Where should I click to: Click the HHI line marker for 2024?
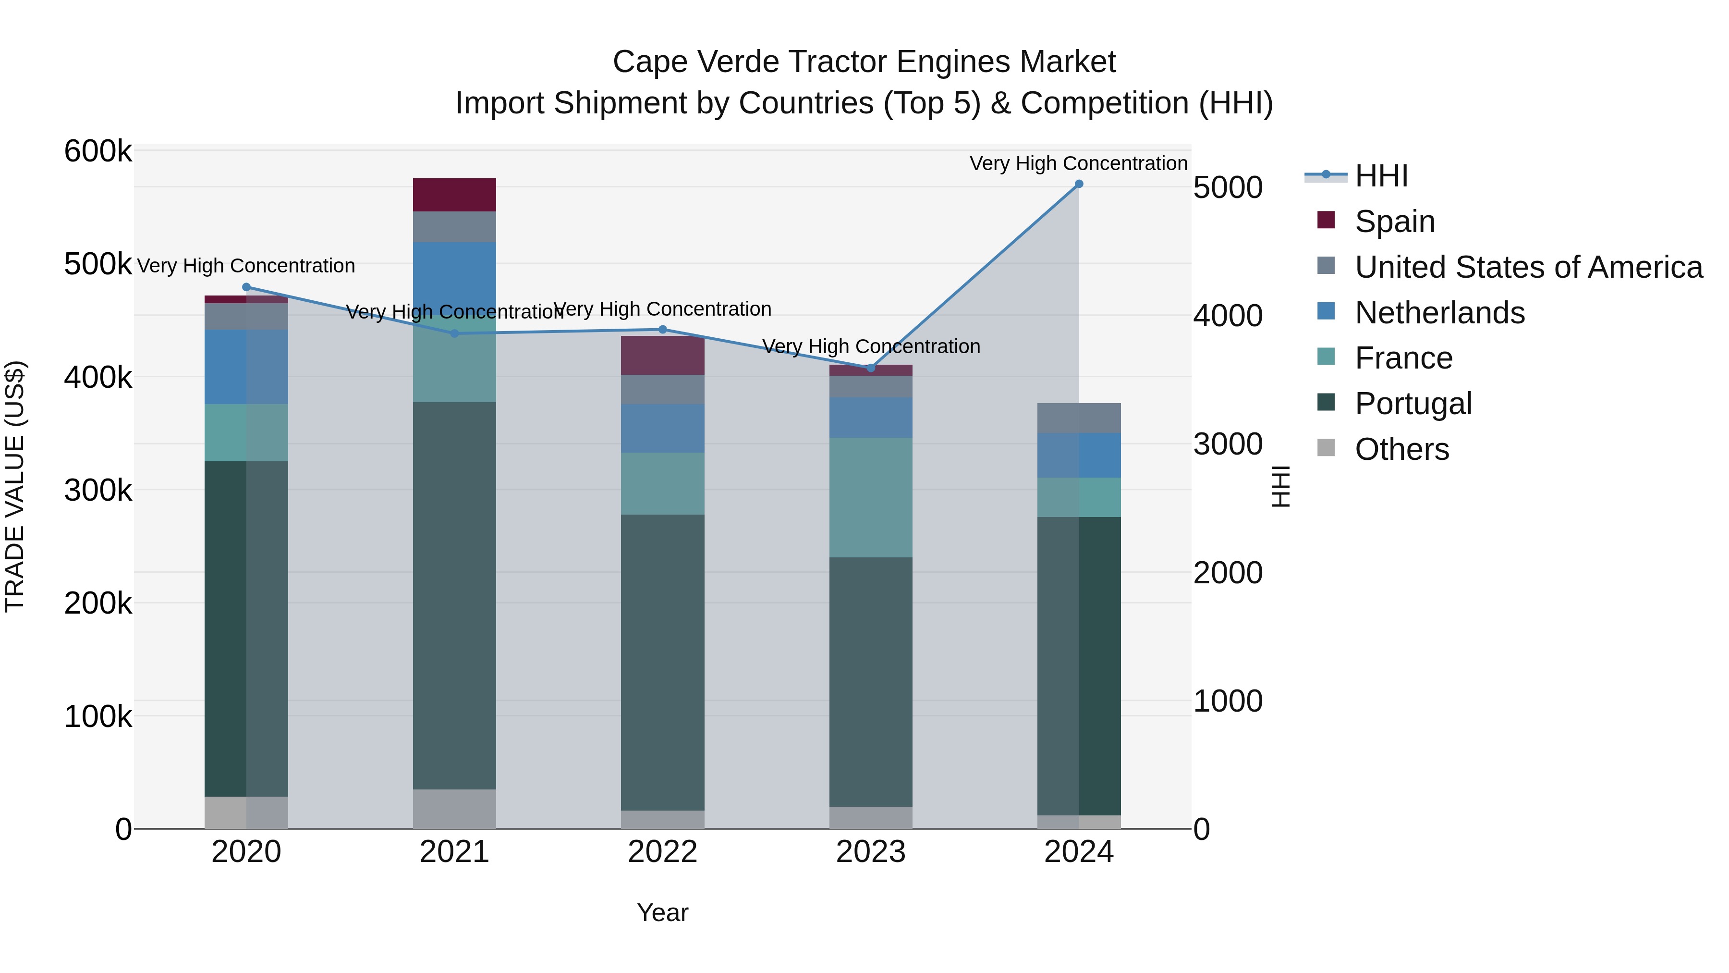1079,184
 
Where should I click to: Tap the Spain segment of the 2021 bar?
454,195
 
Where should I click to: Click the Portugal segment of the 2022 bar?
662,662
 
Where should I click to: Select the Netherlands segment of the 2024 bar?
1079,456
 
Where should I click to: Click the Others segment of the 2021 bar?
454,809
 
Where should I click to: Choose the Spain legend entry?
1394,222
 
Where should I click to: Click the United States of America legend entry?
1528,267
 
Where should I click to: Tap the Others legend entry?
1401,449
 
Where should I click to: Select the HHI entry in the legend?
1381,176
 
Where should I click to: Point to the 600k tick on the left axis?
98,151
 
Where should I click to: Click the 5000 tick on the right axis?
1228,187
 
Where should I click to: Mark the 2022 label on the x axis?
662,852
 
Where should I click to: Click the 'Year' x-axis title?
662,912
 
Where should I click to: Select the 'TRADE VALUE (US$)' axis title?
15,486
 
